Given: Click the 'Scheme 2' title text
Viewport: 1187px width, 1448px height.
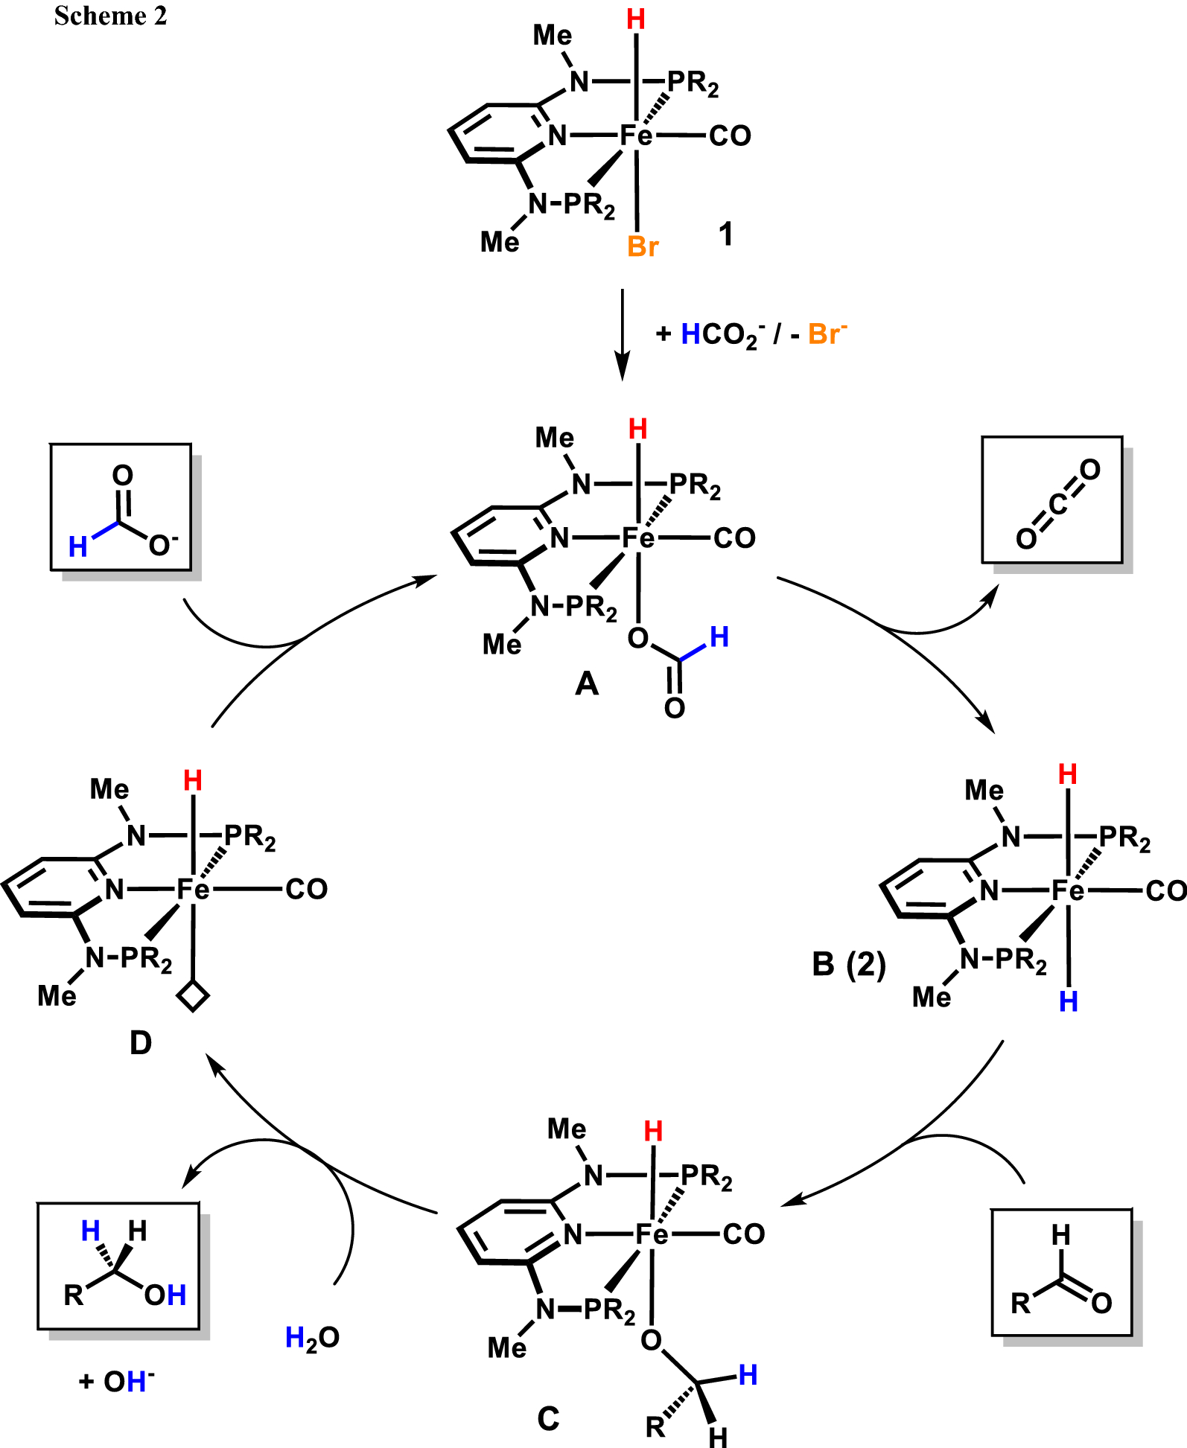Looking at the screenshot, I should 110,16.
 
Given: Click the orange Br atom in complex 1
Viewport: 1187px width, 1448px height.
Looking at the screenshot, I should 643,246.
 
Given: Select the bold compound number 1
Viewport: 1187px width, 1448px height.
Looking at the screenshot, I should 725,235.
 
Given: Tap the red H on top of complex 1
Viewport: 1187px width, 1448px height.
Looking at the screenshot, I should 636,20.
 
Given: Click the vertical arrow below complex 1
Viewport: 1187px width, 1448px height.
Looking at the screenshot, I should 623,334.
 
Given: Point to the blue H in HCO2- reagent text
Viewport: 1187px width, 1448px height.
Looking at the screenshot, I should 690,334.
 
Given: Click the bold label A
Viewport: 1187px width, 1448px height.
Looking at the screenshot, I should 587,683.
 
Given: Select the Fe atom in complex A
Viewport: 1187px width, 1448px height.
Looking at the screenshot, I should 638,538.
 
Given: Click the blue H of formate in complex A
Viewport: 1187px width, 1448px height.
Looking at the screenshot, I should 719,637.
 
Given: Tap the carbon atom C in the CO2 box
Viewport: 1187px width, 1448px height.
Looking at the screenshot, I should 1057,504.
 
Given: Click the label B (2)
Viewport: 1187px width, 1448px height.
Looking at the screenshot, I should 849,964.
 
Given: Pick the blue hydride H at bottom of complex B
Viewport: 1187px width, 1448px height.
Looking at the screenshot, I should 1069,1002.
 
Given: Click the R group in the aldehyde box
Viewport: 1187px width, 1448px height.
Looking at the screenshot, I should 1020,1303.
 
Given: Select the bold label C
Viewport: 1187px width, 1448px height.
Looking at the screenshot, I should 548,1418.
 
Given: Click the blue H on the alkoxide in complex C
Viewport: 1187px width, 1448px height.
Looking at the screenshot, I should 748,1375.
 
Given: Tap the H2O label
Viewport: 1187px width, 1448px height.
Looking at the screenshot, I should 312,1338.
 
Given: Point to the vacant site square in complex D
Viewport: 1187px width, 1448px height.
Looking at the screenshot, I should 193,995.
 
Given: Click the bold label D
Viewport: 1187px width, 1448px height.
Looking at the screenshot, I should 141,1043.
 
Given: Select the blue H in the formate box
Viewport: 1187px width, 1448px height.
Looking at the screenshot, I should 78,547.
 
